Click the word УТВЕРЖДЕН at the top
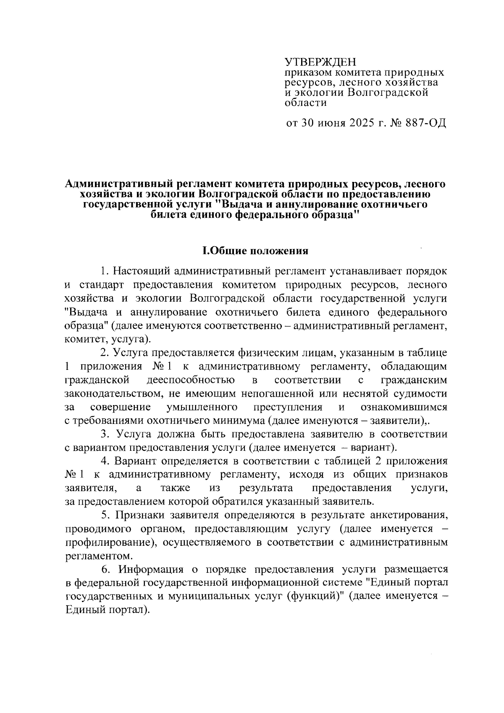[x=320, y=63]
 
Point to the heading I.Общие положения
[x=255, y=251]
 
